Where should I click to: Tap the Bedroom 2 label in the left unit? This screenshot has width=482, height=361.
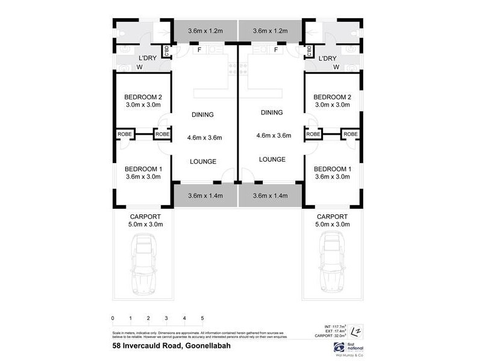[143, 97]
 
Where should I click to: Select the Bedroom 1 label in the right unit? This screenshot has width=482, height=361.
[332, 168]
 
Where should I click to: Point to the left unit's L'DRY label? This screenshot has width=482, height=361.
[148, 58]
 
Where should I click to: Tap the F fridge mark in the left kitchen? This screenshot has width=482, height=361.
[199, 50]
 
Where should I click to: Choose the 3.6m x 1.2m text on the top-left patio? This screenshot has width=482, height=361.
[205, 31]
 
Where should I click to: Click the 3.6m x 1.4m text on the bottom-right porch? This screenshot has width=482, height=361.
[271, 196]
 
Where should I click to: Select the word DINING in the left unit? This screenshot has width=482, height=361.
[202, 115]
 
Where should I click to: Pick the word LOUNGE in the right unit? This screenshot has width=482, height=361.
[272, 159]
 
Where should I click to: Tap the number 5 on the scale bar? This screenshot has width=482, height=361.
[202, 318]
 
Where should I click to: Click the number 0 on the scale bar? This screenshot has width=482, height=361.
[113, 318]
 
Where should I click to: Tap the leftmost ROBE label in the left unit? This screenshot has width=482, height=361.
[125, 134]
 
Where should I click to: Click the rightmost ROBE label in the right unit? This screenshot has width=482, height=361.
[351, 134]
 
